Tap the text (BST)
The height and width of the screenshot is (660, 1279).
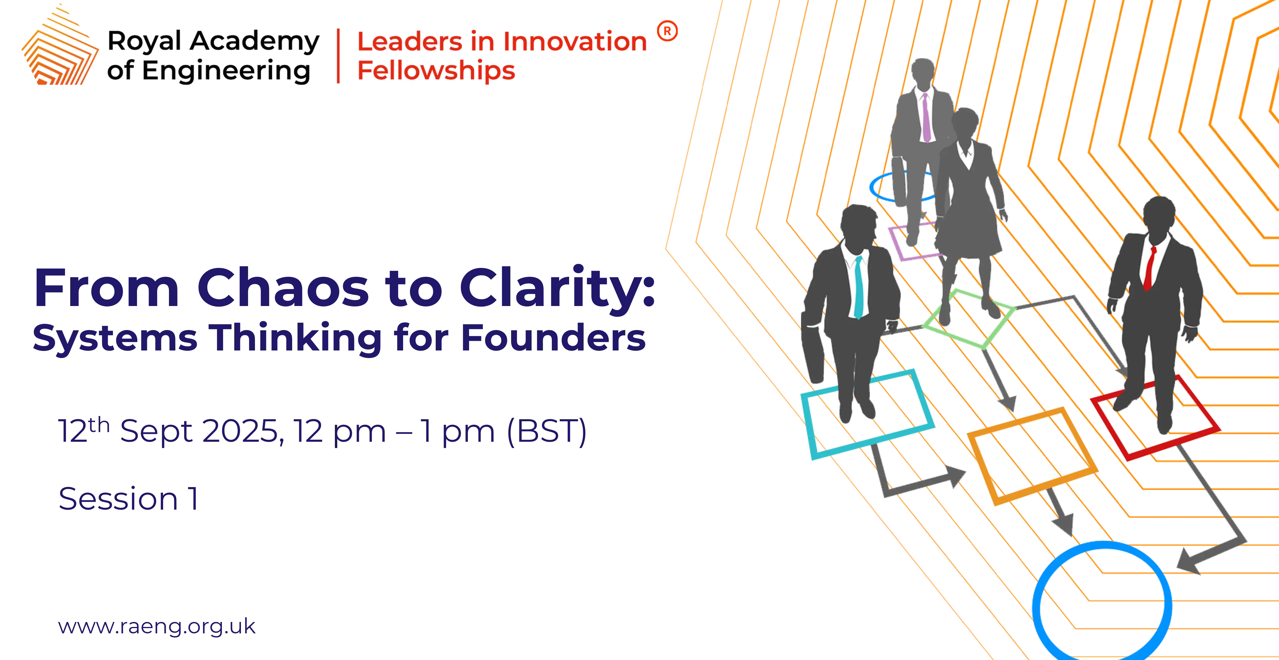pos(547,431)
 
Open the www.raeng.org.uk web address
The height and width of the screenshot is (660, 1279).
pos(157,627)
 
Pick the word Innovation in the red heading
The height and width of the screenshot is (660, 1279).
pos(576,41)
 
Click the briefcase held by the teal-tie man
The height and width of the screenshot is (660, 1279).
pos(813,347)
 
